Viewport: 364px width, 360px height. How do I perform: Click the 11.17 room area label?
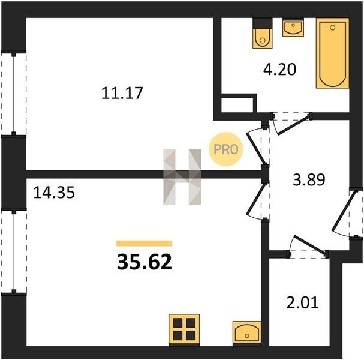(x=122, y=93)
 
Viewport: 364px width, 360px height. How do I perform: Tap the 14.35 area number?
(x=54, y=193)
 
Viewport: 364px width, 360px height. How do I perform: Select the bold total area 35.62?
(x=145, y=262)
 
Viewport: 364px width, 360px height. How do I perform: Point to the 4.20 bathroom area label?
(x=279, y=69)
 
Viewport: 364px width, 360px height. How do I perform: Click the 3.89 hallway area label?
(x=309, y=180)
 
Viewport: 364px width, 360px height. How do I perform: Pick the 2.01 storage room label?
(x=302, y=302)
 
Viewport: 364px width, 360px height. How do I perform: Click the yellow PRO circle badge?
(x=226, y=149)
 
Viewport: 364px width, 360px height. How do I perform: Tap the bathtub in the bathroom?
(x=332, y=53)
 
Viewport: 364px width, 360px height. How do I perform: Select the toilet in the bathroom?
(x=262, y=34)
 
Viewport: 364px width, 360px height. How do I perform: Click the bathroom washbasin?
(x=293, y=28)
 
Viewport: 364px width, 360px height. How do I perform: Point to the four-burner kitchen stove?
(x=184, y=330)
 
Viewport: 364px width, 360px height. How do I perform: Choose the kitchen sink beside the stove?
(x=247, y=334)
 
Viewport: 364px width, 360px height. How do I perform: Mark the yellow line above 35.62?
(x=145, y=243)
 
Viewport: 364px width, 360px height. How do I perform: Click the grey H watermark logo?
(x=182, y=177)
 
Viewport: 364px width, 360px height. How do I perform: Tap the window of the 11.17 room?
(x=14, y=94)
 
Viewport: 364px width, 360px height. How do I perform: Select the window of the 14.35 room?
(x=14, y=252)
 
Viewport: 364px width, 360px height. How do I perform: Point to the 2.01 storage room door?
(x=308, y=247)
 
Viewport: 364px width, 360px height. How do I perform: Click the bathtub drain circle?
(x=332, y=28)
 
